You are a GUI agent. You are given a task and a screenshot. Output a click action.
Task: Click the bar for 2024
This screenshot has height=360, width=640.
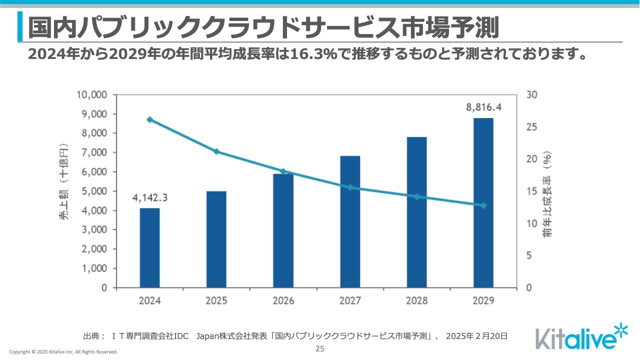coord(149,247)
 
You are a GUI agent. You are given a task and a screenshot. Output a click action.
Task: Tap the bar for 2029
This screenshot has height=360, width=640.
coord(483,202)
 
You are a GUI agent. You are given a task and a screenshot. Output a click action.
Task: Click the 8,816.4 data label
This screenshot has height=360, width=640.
coord(483,107)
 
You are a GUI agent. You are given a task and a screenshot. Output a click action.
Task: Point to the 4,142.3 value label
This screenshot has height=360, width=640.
coord(149,197)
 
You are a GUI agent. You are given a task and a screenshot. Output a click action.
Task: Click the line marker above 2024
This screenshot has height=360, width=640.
coord(149,119)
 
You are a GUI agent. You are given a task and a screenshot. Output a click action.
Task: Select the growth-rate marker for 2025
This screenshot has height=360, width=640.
coord(216,151)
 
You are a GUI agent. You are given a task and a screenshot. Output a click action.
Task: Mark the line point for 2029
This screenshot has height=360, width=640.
coord(483,205)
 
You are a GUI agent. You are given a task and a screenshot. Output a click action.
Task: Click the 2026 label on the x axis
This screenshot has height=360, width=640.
coord(283,301)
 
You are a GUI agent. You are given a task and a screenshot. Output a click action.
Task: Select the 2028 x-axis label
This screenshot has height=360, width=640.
coord(416,301)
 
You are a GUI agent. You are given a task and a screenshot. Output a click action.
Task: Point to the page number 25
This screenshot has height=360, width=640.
coord(320,348)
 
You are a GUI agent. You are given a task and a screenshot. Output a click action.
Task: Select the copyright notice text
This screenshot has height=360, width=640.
coord(63,352)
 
